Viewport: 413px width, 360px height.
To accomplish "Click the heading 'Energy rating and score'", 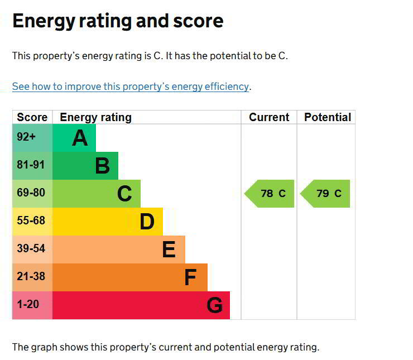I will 118,21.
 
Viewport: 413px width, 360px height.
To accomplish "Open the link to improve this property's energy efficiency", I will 131,87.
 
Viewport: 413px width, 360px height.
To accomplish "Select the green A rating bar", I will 74,138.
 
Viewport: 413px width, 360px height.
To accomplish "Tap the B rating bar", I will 85,166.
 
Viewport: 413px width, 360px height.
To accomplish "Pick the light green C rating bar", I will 97,194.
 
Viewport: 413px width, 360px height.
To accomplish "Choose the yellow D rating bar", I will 108,222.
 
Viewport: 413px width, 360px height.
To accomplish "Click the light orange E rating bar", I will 119,249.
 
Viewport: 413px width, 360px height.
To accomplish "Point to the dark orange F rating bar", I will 130,277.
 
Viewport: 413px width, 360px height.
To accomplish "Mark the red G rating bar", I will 141,305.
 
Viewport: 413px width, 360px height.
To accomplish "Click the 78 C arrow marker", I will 270,194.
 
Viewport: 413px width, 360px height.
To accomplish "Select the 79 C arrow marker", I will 326,194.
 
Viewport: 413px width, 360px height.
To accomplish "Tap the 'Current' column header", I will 269,117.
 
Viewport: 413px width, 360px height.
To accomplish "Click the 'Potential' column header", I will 328,117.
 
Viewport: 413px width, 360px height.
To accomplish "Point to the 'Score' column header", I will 32,117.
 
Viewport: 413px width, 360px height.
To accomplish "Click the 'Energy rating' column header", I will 95,117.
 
